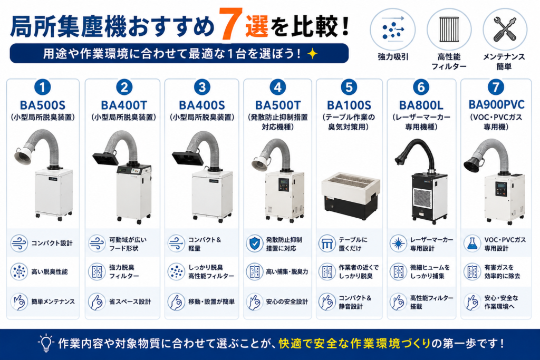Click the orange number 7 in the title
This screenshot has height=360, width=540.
tap(229, 23)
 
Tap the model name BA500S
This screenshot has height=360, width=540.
tap(43, 105)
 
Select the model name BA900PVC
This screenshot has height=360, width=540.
tap(496, 105)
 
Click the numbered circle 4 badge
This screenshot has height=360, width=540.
tap(277, 87)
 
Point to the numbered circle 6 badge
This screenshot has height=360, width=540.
tap(421, 87)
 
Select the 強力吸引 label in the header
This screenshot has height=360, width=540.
tap(393, 57)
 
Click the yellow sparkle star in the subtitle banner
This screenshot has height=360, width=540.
tap(312, 53)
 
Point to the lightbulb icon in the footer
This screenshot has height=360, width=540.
tap(46, 343)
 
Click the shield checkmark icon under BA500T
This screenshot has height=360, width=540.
tap(254, 244)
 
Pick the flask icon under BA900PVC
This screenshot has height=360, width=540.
tap(472, 244)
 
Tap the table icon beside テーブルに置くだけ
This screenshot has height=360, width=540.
tap(326, 244)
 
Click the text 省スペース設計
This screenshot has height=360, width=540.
tap(130, 302)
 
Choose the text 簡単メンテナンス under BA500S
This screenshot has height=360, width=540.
tap(53, 302)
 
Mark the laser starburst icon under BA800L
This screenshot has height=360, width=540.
tap(398, 244)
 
